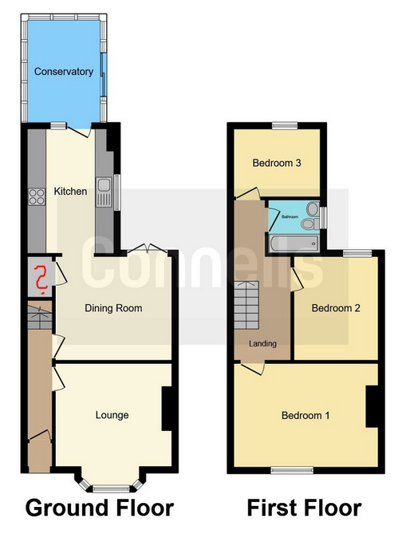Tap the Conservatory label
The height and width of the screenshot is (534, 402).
[x=64, y=72]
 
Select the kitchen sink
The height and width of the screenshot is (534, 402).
[x=103, y=192]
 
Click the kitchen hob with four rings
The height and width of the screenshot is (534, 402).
[x=37, y=197]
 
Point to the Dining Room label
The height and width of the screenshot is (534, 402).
[x=113, y=308]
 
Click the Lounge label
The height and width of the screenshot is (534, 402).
[x=112, y=415]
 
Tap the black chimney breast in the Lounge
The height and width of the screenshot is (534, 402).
[x=166, y=409]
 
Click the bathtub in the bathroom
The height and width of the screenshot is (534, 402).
[x=294, y=243]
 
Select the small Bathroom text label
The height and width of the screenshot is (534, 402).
[x=290, y=216]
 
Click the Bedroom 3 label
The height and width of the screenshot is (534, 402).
[x=277, y=163]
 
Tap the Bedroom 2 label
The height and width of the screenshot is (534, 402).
[x=336, y=308]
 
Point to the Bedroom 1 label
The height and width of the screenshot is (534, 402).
[x=305, y=416]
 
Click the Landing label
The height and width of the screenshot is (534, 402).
[x=262, y=343]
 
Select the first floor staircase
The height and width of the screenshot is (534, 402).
[x=246, y=305]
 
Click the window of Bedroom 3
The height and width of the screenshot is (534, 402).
[x=285, y=125]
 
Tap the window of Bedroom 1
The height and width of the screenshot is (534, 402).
[x=292, y=470]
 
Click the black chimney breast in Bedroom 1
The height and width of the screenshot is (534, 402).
[x=372, y=406]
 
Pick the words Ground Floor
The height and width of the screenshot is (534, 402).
[x=100, y=508]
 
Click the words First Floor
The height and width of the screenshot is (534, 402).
[x=305, y=508]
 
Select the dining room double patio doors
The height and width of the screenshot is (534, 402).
[x=147, y=248]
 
